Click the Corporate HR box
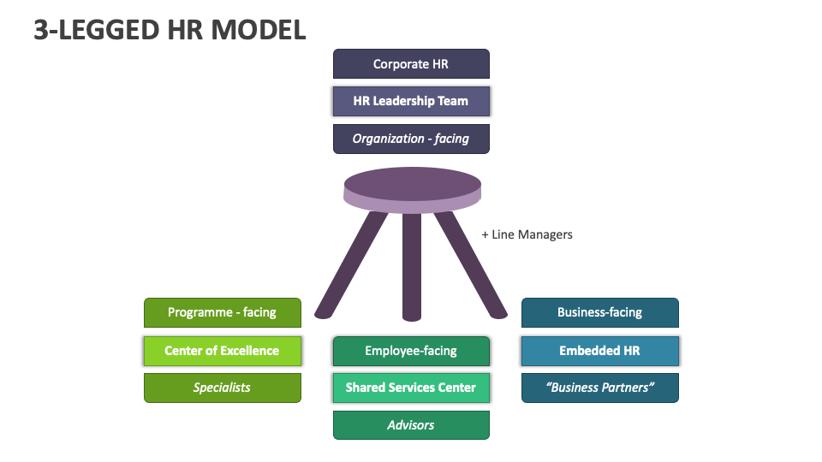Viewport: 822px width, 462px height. point(411,64)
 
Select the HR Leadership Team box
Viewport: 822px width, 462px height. point(411,101)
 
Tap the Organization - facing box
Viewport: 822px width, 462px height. point(411,139)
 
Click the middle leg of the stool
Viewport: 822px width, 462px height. point(412,265)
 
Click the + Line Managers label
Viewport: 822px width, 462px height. point(527,234)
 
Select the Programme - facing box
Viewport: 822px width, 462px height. point(222,313)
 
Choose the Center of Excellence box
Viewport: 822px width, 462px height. point(222,351)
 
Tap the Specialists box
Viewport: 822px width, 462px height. point(222,388)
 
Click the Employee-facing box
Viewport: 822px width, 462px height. point(411,351)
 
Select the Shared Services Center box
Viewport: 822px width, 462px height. point(411,388)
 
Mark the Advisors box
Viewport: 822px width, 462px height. point(411,425)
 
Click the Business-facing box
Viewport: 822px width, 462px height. point(599,313)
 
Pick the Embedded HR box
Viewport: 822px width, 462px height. point(599,351)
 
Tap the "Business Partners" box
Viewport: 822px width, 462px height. point(599,388)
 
